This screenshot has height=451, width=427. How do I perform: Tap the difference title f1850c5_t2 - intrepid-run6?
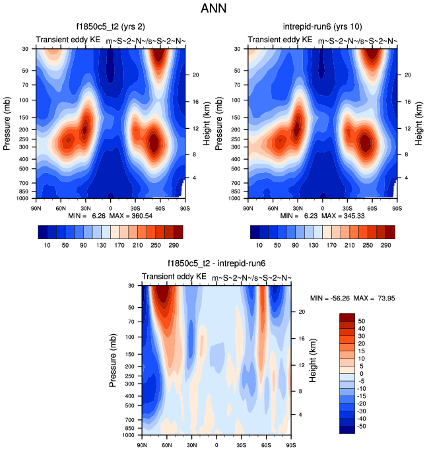[216, 264]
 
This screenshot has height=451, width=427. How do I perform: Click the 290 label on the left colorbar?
[173, 245]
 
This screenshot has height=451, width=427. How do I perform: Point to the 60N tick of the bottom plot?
[167, 443]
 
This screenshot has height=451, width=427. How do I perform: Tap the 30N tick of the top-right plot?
[298, 207]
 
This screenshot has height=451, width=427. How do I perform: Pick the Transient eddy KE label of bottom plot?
[174, 276]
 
